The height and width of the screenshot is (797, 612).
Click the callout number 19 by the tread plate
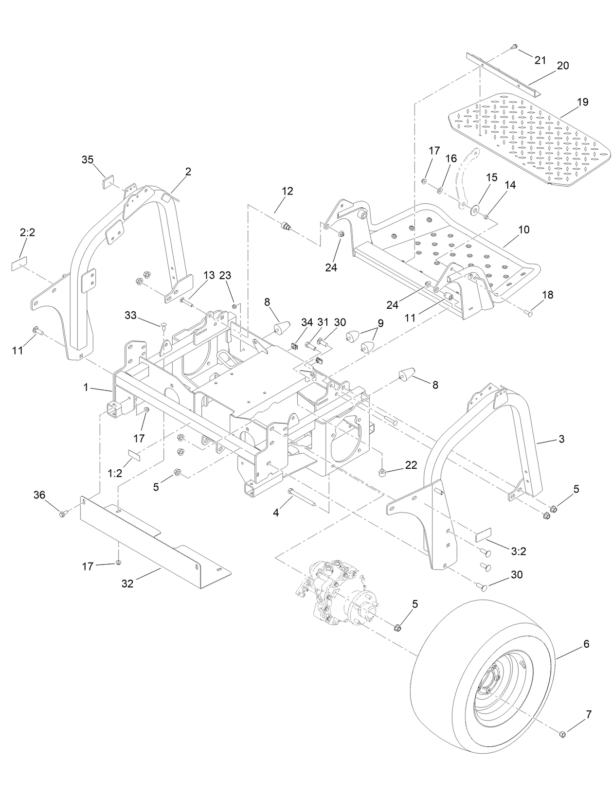(x=582, y=102)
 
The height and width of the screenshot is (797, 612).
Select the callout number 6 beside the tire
(x=586, y=644)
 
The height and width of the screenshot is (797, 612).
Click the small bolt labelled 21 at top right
(x=514, y=47)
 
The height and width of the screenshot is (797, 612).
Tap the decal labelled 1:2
(x=133, y=455)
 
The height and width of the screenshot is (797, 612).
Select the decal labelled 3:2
(x=484, y=534)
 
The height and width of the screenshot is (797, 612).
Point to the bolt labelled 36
(x=62, y=514)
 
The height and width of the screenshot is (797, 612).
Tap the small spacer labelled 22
(x=383, y=472)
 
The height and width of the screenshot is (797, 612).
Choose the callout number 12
(x=287, y=191)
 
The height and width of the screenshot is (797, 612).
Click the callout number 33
(x=131, y=315)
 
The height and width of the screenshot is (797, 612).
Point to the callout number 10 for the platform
(x=523, y=229)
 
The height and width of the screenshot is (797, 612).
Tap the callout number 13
(x=209, y=275)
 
